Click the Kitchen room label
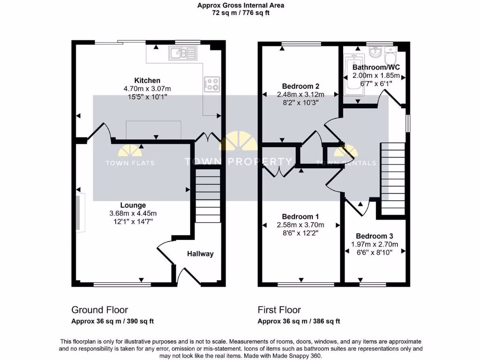coord(147,81)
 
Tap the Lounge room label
coord(133,205)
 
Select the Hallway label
coord(200,254)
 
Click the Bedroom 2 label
coord(300,86)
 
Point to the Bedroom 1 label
coord(300,217)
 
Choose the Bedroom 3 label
coord(375,236)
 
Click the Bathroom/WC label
coord(376,67)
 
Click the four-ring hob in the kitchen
coord(212,84)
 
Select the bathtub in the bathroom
coord(352,76)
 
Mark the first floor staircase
coord(392,178)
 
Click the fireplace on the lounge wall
coord(81,213)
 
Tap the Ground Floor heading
coord(99,310)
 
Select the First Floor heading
coord(279,310)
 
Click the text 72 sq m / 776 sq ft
coord(240,13)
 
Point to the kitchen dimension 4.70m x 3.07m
coord(147,89)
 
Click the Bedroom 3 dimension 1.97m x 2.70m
coord(375,244)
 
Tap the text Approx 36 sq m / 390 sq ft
coord(112,322)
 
